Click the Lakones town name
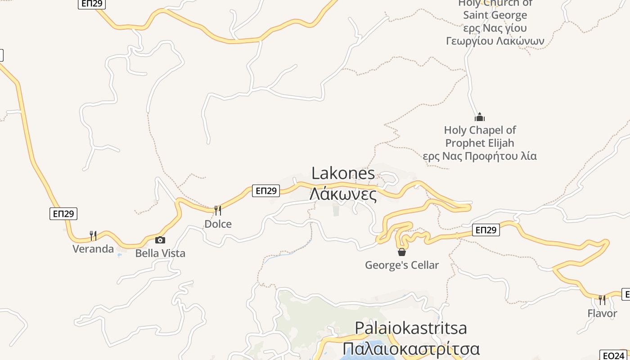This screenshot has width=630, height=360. tap(343, 174)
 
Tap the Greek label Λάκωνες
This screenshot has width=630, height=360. tap(343, 194)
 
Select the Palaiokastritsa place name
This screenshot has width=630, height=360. tap(411, 328)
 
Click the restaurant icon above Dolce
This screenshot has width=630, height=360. tap(218, 210)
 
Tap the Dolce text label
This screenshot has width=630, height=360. tap(218, 224)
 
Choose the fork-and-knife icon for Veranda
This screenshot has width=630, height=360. tap(93, 235)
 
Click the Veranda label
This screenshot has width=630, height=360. tap(93, 249)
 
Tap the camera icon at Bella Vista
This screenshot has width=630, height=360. tap(160, 240)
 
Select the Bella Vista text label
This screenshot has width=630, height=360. tap(160, 253)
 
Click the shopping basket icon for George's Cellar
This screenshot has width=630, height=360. tap(402, 252)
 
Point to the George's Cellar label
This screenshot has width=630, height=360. tap(402, 265)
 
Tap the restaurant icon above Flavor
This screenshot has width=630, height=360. tap(602, 300)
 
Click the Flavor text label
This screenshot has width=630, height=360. tap(602, 313)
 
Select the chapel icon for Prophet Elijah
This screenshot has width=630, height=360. tap(480, 117)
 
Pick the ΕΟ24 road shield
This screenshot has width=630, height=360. tap(614, 355)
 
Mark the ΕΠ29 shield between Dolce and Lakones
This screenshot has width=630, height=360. tap(266, 191)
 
